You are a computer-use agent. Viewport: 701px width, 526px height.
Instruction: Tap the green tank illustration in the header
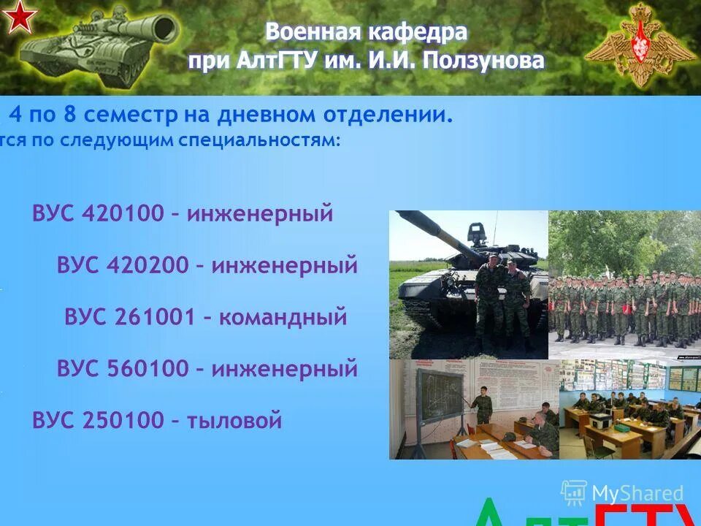[x=99, y=45]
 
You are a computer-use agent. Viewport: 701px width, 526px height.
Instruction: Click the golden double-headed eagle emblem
[x=640, y=44]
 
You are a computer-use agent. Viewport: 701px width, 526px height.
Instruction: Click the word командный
[x=283, y=317]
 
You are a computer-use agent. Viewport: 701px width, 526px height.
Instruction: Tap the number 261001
[x=155, y=317]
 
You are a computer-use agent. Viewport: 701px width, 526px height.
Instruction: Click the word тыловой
[x=234, y=421]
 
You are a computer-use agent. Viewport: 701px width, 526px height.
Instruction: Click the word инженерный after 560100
[x=285, y=369]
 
